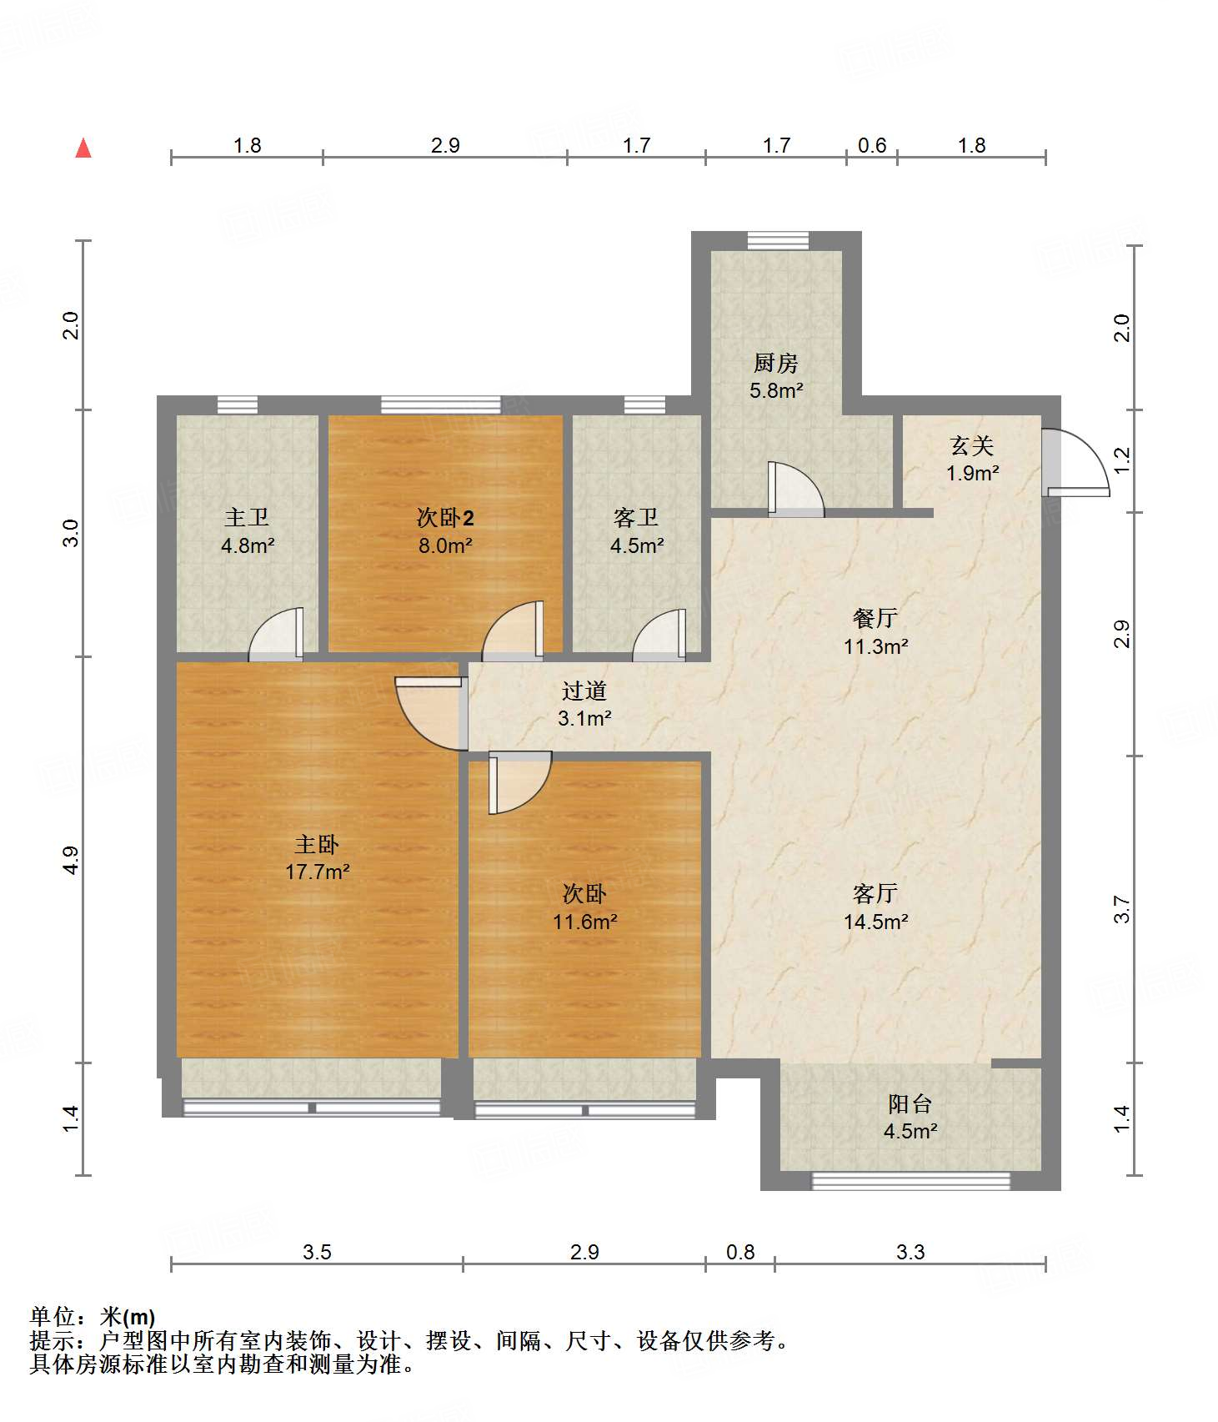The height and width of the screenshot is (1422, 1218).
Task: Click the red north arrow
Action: [x=83, y=148]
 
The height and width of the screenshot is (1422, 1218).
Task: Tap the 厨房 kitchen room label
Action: [x=775, y=363]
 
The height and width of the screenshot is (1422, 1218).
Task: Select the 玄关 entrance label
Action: [x=972, y=446]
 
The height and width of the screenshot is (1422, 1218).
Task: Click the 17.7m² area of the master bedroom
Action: [x=317, y=872]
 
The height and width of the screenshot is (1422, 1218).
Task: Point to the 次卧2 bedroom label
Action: [x=445, y=518]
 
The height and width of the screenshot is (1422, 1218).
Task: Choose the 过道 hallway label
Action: [x=584, y=691]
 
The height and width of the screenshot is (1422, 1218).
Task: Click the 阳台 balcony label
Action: [x=910, y=1104]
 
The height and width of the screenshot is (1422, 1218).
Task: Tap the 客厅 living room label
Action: [x=875, y=894]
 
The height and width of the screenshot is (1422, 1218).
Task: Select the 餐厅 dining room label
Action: [x=875, y=618]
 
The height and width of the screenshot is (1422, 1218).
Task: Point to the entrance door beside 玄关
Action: [x=1076, y=463]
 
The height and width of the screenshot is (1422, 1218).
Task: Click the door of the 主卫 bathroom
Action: [x=276, y=635]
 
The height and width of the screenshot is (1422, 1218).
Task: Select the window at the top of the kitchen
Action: [x=778, y=240]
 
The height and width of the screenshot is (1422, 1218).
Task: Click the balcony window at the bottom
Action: [x=910, y=1181]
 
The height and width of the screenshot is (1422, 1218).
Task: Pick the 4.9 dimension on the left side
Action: [x=72, y=860]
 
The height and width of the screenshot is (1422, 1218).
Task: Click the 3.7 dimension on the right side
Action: [x=1122, y=909]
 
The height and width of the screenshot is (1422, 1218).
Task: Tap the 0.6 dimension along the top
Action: [x=872, y=145]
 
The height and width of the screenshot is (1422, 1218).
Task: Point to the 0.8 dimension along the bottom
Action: [x=740, y=1252]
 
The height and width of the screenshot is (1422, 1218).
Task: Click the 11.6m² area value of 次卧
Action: [x=584, y=922]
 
